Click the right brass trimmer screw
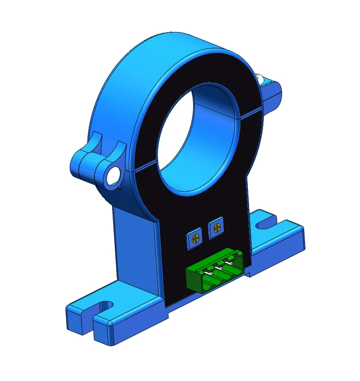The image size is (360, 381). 216,226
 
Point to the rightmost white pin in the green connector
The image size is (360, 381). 231,262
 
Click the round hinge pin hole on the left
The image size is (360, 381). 114,175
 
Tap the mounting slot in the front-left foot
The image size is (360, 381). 104,307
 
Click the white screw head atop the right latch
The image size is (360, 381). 262,78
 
